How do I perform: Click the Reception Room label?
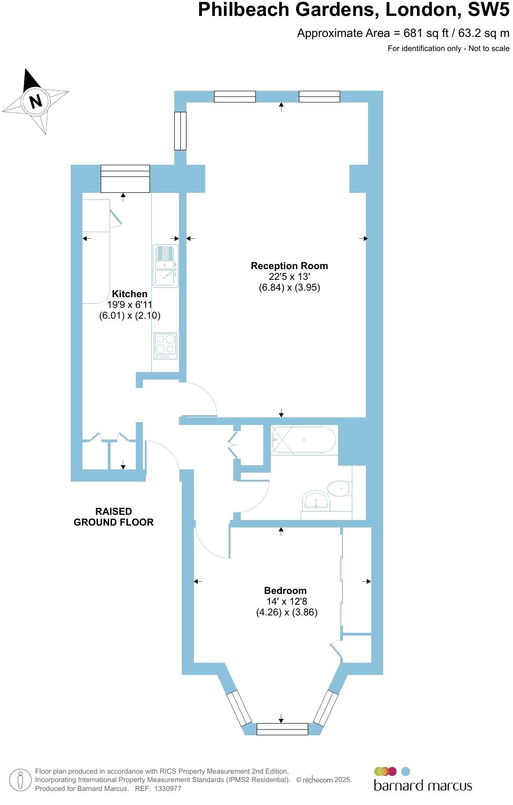[289, 266]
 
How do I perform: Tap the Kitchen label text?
[129, 294]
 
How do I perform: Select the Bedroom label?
[285, 591]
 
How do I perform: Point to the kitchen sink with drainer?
[165, 266]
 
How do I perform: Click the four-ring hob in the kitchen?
[165, 345]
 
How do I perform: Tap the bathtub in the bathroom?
[304, 440]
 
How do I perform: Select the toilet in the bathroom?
[339, 489]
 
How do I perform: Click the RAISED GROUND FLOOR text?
[113, 517]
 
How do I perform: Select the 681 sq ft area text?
[426, 33]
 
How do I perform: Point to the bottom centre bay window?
[282, 729]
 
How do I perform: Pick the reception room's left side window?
[180, 131]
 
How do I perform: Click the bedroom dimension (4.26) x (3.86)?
[287, 612]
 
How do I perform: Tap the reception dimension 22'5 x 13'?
[289, 277]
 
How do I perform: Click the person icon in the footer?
[20, 780]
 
